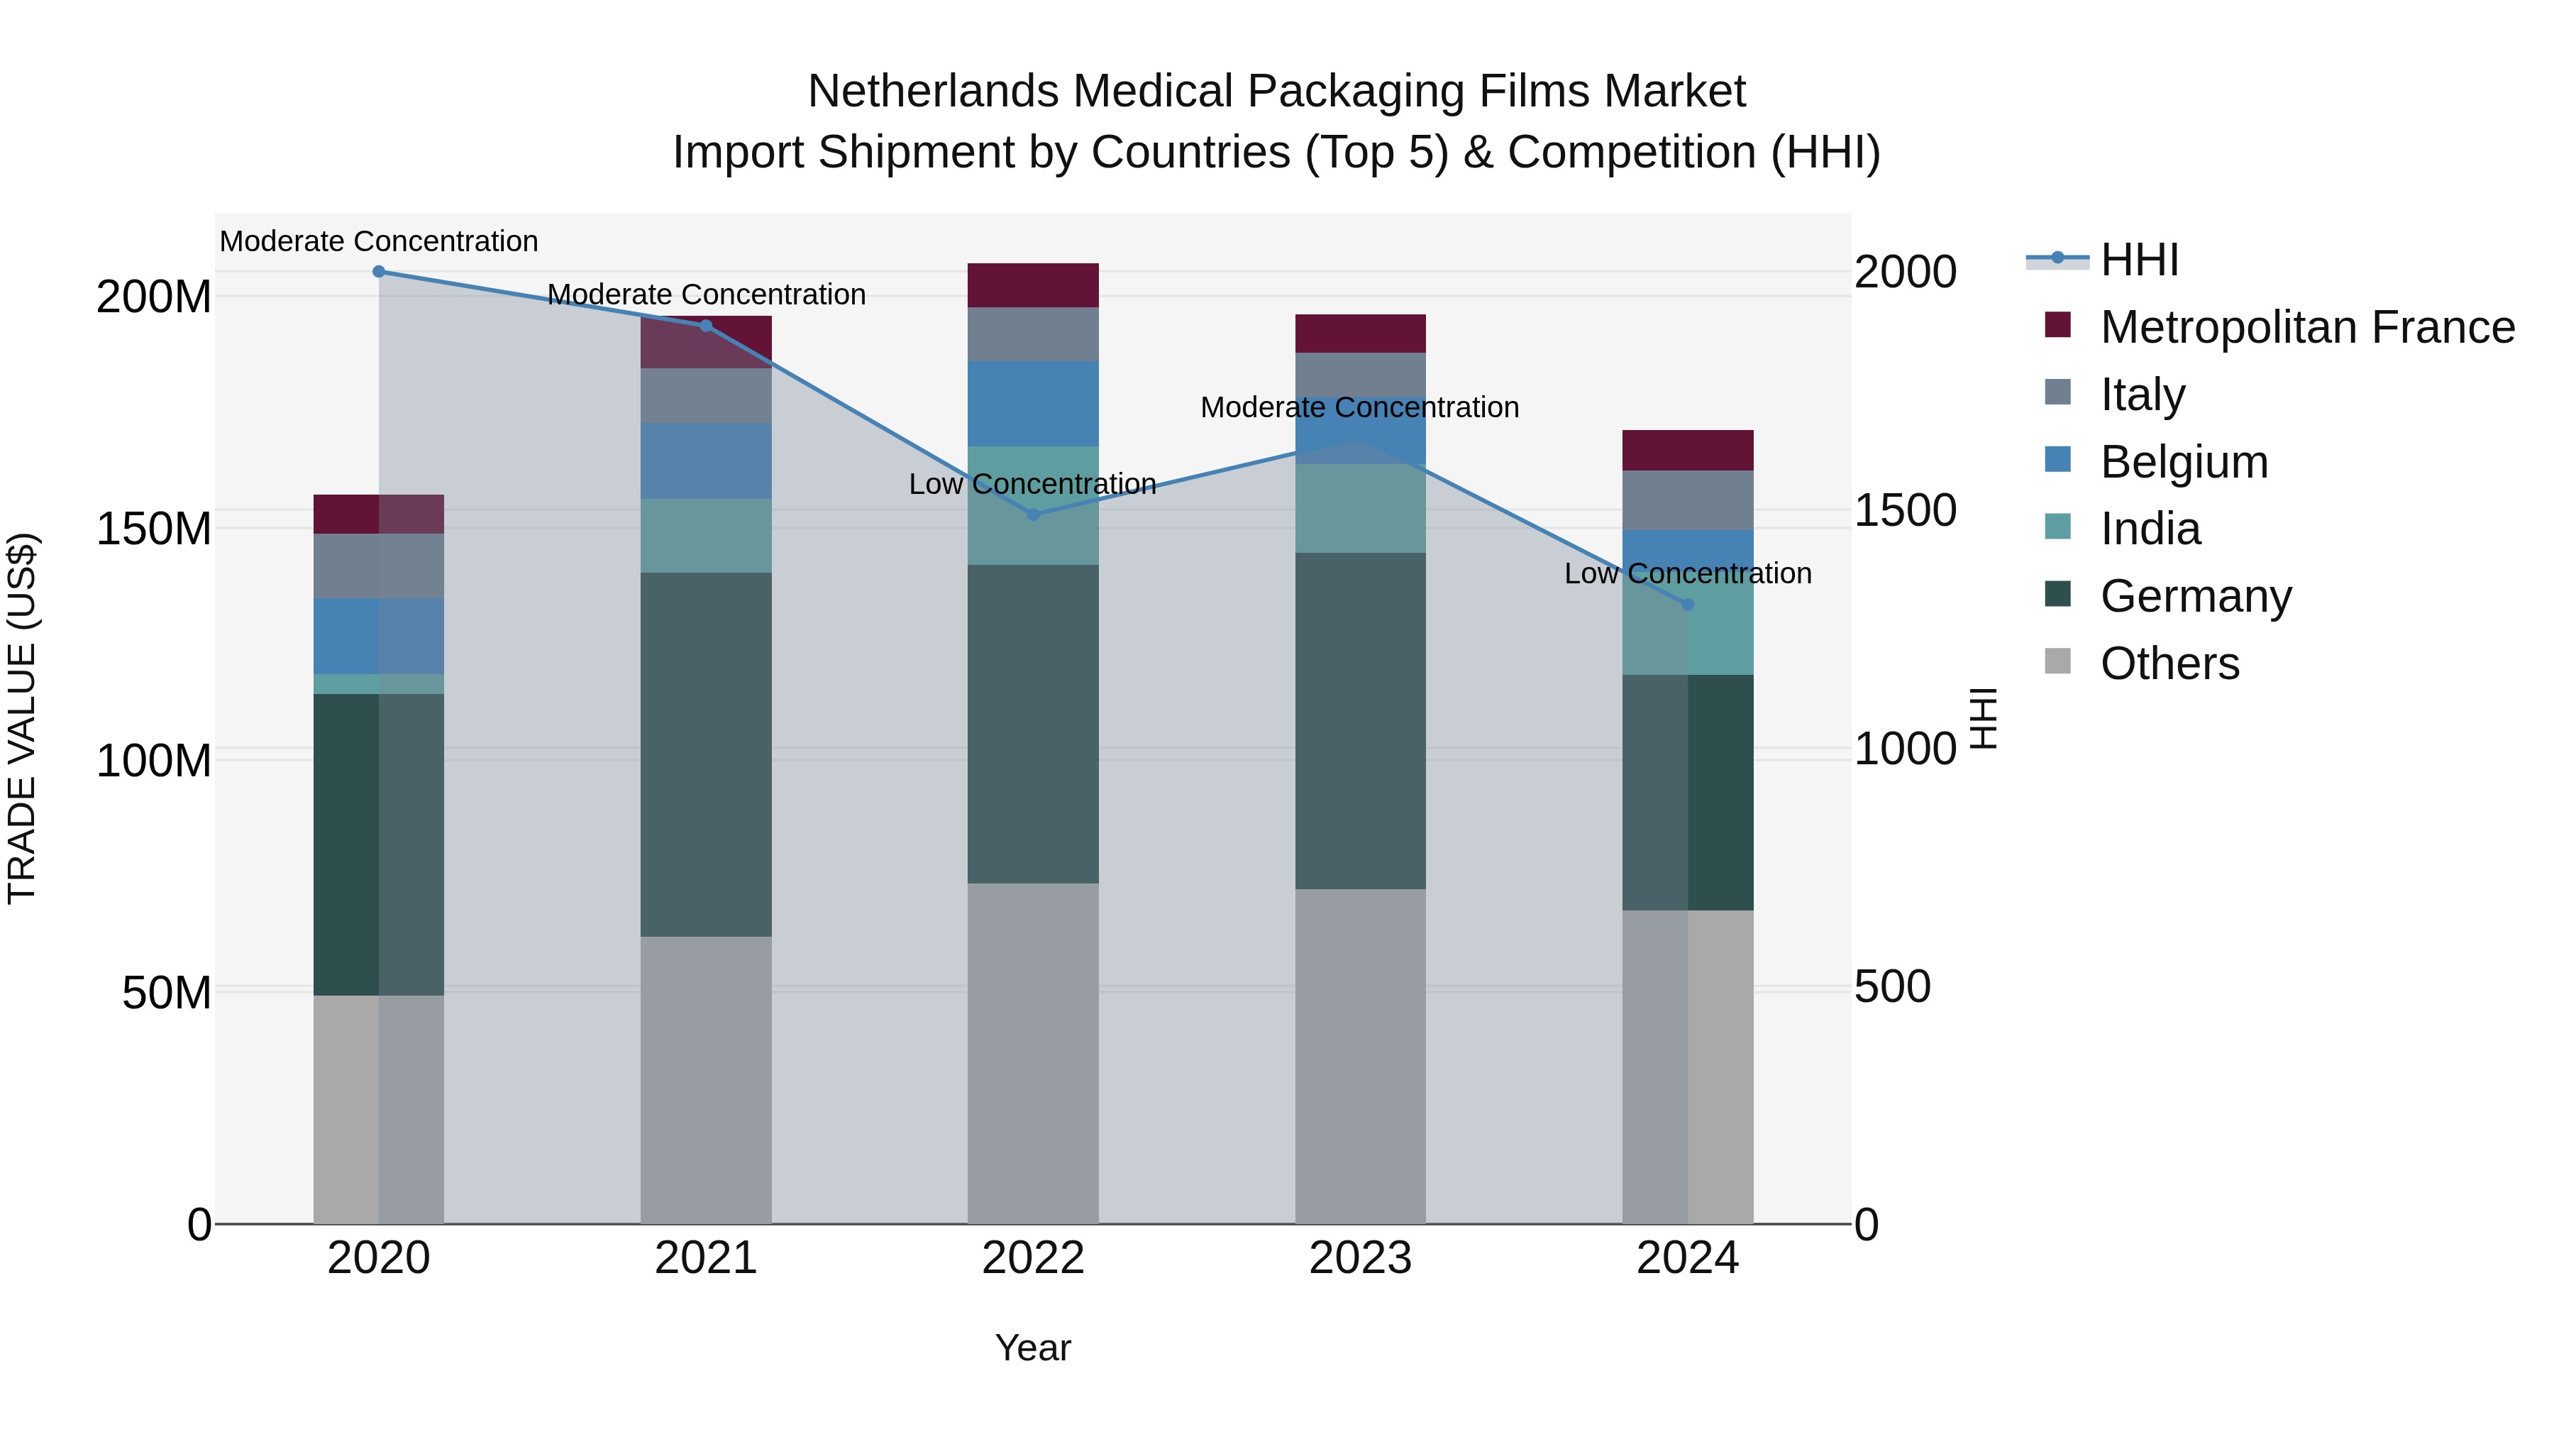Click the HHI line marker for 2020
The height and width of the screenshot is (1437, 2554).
coord(379,272)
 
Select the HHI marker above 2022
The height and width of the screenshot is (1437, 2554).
coord(1033,514)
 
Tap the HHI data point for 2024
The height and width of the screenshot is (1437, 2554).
coord(1688,605)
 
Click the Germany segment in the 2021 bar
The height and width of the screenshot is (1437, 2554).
coord(706,754)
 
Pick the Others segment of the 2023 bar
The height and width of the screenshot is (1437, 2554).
coord(1360,1056)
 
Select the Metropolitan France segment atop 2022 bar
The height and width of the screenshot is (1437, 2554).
coord(1033,285)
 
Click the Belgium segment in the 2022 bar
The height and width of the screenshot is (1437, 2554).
coord(1033,404)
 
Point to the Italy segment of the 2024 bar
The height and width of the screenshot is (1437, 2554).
coord(1688,501)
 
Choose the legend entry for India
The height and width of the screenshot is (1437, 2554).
coord(2150,529)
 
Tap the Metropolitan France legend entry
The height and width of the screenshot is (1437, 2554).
coord(2306,327)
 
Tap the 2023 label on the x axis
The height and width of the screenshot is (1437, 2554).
coord(1360,1258)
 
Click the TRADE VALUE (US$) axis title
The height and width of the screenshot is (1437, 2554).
coord(22,718)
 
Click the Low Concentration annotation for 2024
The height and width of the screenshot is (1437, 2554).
coord(1688,573)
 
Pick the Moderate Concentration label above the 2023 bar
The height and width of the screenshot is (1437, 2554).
coord(1359,407)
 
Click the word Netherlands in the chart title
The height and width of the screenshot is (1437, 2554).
coord(933,92)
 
